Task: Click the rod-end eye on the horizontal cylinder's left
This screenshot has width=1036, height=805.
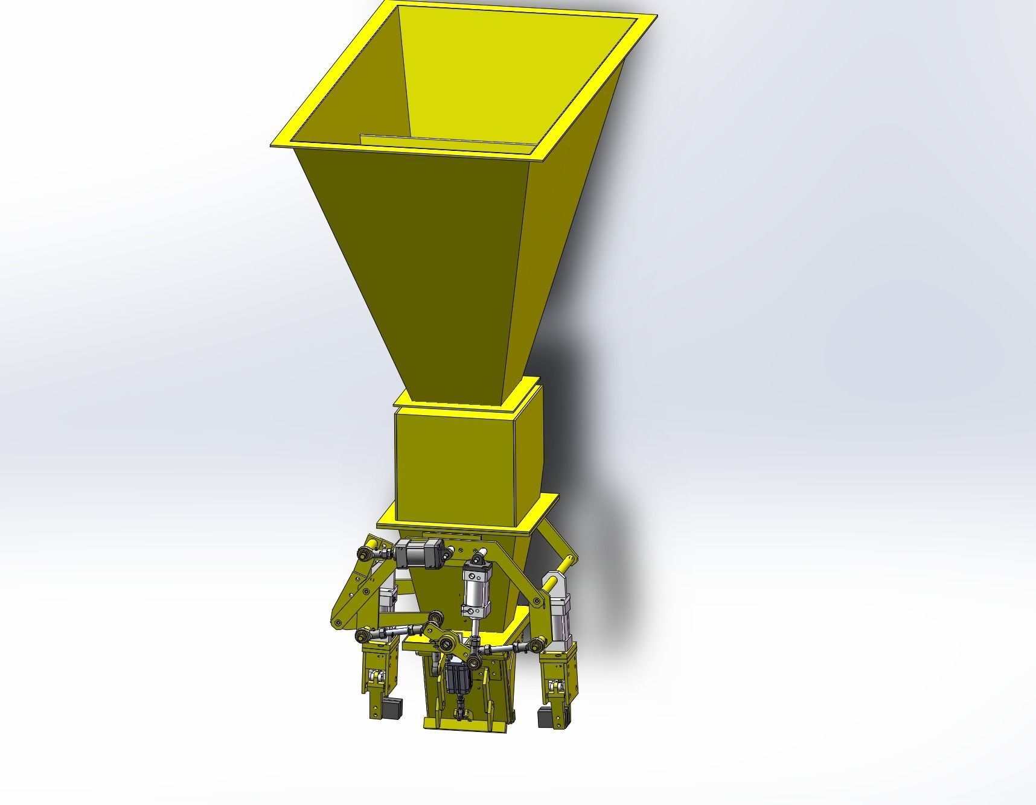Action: click(x=366, y=552)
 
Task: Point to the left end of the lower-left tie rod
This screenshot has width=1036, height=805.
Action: click(x=363, y=634)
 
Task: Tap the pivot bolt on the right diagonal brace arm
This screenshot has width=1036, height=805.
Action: click(x=536, y=601)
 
